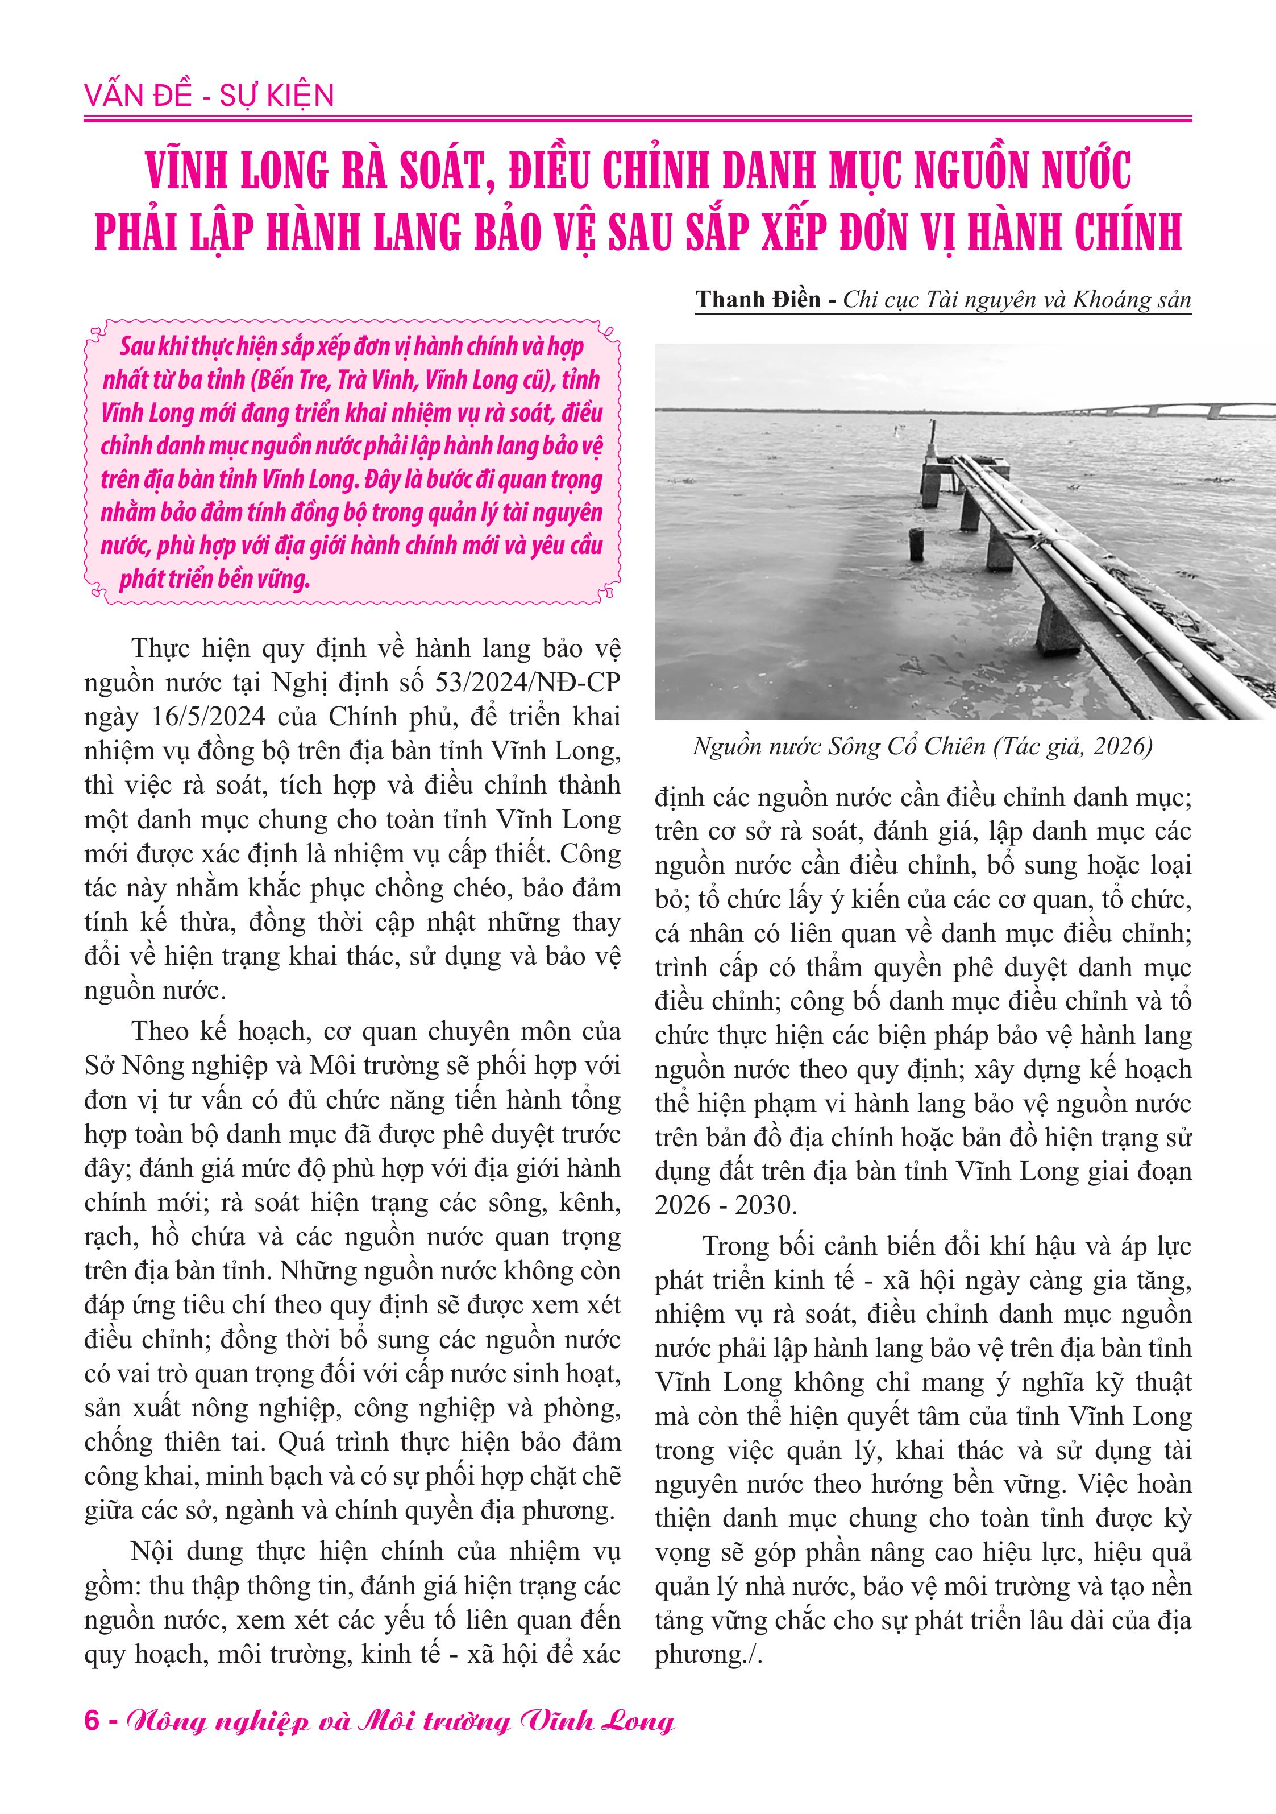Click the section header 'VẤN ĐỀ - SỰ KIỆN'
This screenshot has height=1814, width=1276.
click(x=209, y=96)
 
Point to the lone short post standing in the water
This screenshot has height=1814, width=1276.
click(x=916, y=544)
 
